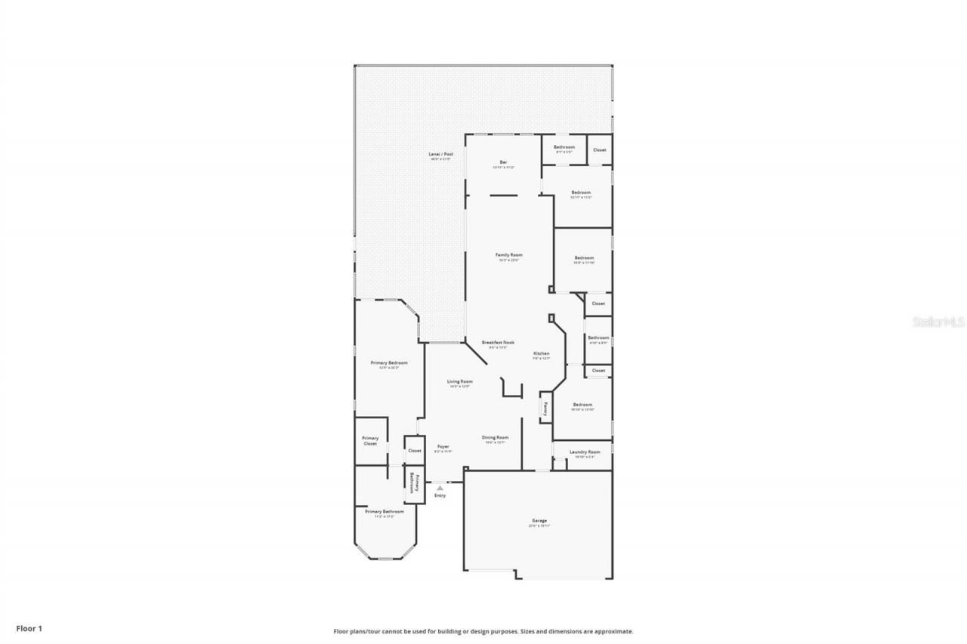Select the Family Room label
pos(508,255)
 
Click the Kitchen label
pos(541,353)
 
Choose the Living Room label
pos(459,381)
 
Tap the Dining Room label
pos(495,437)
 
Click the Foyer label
pos(443,446)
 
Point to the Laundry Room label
pos(585,451)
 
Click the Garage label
pos(539,520)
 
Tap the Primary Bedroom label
pos(389,363)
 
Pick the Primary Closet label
pos(370,440)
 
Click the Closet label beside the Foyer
pos(415,451)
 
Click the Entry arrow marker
pos(440,488)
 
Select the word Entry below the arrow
pos(440,495)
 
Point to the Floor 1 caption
pos(29,627)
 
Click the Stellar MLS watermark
pos(938,322)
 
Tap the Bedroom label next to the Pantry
pos(582,405)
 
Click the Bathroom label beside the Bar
pos(564,146)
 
